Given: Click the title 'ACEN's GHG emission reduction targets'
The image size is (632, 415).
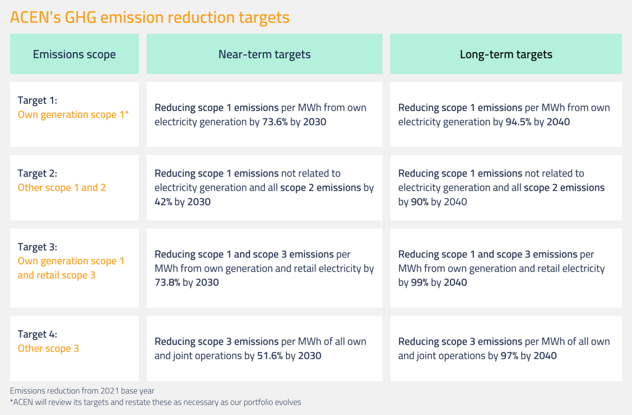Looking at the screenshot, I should pyautogui.click(x=150, y=17).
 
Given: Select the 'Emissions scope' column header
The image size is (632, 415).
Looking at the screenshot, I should pyautogui.click(x=74, y=54).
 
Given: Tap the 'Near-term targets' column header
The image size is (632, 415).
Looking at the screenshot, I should pyautogui.click(x=264, y=54).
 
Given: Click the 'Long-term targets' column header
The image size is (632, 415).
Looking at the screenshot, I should pyautogui.click(x=506, y=54).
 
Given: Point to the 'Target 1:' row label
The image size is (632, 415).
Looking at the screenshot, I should pyautogui.click(x=37, y=100).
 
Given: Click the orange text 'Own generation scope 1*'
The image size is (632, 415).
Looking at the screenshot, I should pyautogui.click(x=73, y=115).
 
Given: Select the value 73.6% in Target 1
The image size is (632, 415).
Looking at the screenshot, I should pyautogui.click(x=275, y=122).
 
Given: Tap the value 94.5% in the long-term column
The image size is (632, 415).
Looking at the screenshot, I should pyautogui.click(x=518, y=122).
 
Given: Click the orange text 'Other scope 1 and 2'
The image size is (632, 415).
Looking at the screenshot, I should pyautogui.click(x=62, y=188).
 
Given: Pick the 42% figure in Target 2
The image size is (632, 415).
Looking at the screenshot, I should pyautogui.click(x=163, y=202).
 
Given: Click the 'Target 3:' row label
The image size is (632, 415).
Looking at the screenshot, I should pyautogui.click(x=37, y=247).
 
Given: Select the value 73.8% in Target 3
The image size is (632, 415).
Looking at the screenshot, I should pyautogui.click(x=167, y=283).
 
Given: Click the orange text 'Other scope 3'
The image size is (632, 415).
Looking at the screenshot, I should pyautogui.click(x=48, y=349).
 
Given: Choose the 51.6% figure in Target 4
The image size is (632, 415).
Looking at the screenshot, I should pyautogui.click(x=270, y=356).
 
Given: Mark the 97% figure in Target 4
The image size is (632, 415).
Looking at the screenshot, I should pyautogui.click(x=509, y=356).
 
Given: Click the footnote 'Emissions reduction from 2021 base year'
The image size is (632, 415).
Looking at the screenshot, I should pyautogui.click(x=82, y=391).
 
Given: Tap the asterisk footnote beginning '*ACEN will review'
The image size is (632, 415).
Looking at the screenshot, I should pyautogui.click(x=156, y=402).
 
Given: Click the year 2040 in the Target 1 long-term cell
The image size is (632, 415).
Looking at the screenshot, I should pyautogui.click(x=558, y=122).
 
